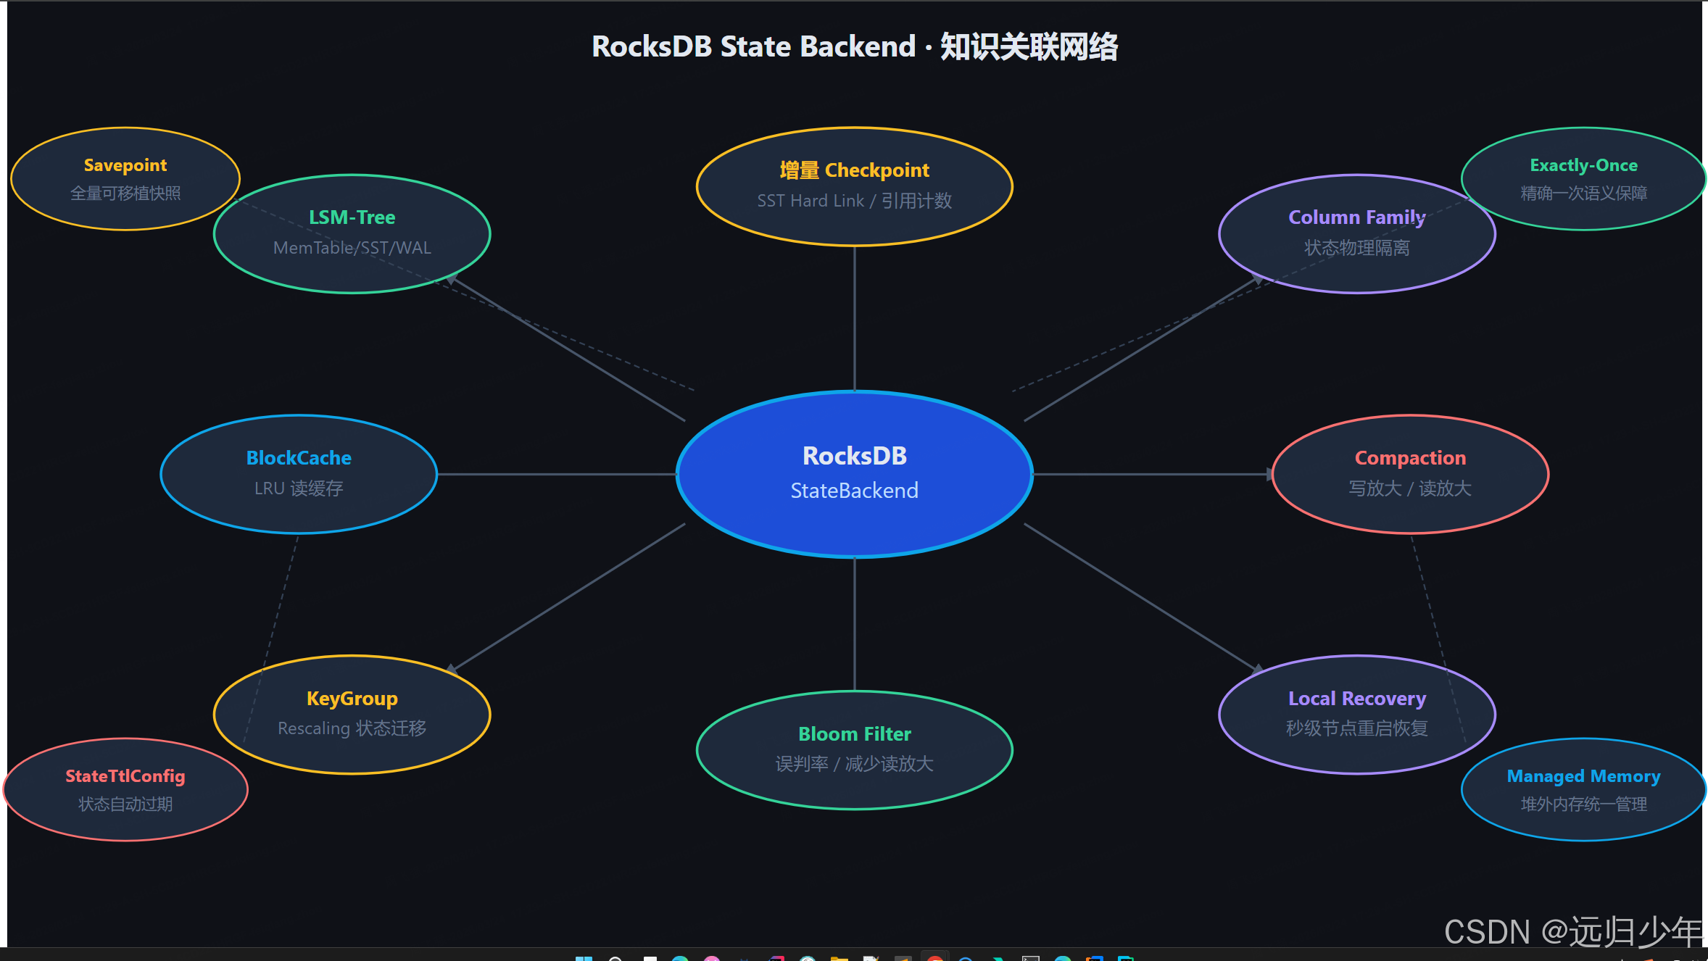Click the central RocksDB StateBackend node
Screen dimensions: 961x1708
click(x=854, y=473)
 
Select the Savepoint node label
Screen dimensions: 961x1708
click(x=125, y=165)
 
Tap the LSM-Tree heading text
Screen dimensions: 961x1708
click(x=352, y=217)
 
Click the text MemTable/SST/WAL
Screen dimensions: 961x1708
click(x=352, y=248)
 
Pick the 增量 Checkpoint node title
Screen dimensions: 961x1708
click(x=854, y=170)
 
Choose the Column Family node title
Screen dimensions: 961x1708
click(x=1356, y=217)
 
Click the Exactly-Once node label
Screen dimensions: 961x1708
click(x=1583, y=165)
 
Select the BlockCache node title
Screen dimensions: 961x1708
click(x=299, y=458)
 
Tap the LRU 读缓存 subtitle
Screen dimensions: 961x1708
click(x=299, y=488)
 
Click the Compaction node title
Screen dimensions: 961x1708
click(x=1410, y=458)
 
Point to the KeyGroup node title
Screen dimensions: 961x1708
click(x=352, y=699)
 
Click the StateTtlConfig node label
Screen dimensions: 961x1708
click(x=125, y=776)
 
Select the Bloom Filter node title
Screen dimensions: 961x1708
click(x=854, y=734)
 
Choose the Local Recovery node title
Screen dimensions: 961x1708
click(x=1356, y=699)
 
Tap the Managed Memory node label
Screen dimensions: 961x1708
click(x=1583, y=776)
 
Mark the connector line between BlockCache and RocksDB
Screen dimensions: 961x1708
click(x=557, y=475)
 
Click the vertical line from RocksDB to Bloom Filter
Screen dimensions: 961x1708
click(x=855, y=623)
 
